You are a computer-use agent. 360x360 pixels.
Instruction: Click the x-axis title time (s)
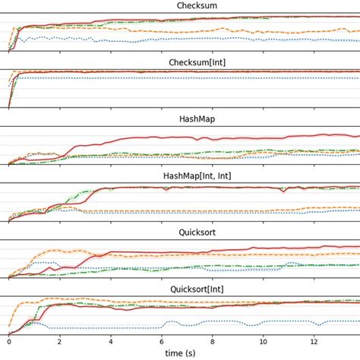[185, 353]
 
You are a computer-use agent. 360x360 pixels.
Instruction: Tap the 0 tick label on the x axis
[9, 342]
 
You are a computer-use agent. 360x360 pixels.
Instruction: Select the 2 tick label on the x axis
[60, 342]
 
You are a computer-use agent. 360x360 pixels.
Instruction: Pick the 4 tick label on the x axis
[111, 342]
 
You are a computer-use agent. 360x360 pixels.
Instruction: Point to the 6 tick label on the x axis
[162, 342]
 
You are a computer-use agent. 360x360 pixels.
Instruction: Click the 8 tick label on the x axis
[213, 342]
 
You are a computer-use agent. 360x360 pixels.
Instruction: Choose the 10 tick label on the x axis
[263, 342]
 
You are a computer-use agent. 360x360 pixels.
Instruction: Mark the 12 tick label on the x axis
[314, 342]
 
